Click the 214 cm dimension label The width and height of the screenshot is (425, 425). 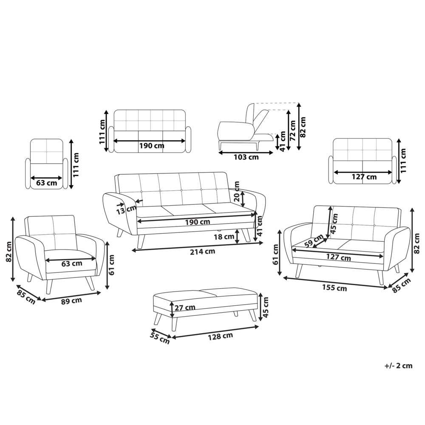click(202, 252)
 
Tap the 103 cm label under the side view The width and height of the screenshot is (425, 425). click(246, 157)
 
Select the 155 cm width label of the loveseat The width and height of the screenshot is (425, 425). click(334, 288)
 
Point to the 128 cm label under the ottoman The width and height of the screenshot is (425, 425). click(220, 336)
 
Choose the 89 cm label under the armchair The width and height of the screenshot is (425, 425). click(71, 301)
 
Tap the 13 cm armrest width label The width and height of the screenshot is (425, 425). click(126, 210)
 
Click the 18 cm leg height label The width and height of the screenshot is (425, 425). click(224, 237)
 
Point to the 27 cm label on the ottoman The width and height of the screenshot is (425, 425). click(185, 308)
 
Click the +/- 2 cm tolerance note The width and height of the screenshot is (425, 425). click(399, 365)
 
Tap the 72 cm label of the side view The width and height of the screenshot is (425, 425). click(292, 130)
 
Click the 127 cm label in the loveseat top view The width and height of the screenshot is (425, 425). click(364, 177)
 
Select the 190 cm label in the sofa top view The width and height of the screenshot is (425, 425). click(152, 146)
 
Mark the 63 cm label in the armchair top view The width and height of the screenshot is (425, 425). click(47, 183)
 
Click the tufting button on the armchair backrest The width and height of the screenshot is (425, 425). click(54, 234)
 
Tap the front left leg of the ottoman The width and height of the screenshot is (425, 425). click(174, 323)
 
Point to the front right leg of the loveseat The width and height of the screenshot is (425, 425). click(380, 277)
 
